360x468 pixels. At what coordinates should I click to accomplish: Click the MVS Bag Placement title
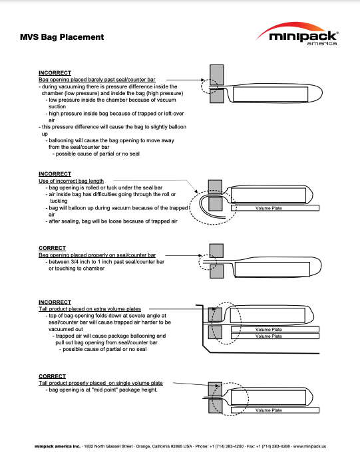tap(62, 37)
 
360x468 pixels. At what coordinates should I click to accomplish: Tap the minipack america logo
tap(297, 34)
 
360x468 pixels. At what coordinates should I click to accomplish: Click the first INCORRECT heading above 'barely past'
tap(55, 73)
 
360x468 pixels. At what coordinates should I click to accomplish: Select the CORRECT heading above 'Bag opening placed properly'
tap(52, 248)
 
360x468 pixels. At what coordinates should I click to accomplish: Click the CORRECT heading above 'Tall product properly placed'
tap(52, 376)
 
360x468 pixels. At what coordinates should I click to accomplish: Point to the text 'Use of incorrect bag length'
tap(71, 181)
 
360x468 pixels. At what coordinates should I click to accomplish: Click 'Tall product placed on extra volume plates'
tap(90, 309)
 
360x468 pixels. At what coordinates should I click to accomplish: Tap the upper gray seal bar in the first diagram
tap(216, 75)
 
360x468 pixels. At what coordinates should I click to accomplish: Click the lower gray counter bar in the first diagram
tap(216, 96)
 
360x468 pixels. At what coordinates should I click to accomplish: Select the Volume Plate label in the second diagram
tap(269, 208)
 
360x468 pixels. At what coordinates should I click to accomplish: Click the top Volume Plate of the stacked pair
tap(275, 329)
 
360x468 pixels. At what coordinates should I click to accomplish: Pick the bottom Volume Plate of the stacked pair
tap(275, 336)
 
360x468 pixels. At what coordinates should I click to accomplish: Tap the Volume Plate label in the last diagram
tap(269, 410)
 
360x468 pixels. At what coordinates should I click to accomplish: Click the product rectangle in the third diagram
tap(272, 269)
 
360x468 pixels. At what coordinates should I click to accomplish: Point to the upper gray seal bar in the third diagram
tap(216, 251)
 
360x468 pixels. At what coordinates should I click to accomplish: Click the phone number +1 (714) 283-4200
tap(226, 447)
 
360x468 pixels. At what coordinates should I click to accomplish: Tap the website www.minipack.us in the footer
tap(309, 447)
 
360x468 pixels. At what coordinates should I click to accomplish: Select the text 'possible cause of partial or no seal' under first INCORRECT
tap(97, 154)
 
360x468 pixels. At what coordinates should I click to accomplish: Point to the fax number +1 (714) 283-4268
tap(273, 447)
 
